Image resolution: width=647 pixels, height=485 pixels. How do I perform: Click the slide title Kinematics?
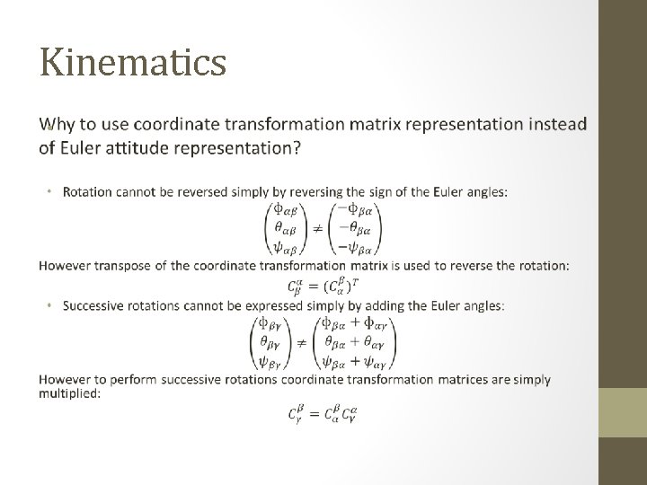point(133,62)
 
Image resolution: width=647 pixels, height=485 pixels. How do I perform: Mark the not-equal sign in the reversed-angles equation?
point(317,228)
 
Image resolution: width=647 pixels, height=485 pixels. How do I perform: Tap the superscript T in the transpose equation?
point(363,280)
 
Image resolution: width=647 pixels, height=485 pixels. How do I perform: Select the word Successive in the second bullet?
point(94,306)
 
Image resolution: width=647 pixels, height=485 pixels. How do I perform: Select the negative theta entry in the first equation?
point(357,228)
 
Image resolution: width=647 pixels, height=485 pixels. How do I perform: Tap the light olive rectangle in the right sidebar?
point(623,412)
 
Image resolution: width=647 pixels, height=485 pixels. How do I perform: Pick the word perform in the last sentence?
point(137,379)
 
